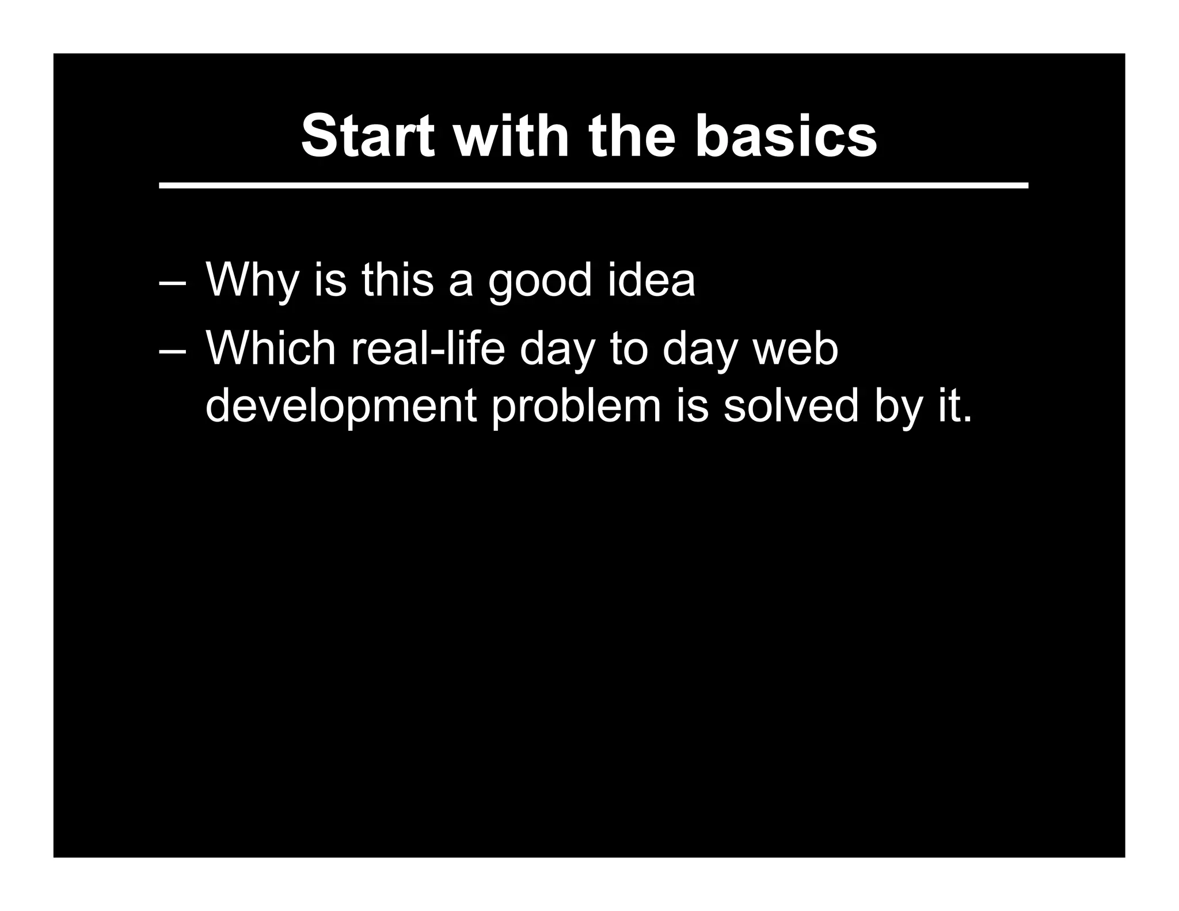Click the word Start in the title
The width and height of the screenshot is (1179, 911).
[367, 136]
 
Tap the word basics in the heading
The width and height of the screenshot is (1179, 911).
[786, 136]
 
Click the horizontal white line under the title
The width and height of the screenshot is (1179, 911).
[593, 185]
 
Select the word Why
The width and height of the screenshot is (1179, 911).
[252, 280]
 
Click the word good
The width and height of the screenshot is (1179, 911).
[539, 280]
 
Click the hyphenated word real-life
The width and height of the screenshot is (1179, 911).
[427, 348]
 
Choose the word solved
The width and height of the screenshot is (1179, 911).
[790, 405]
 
